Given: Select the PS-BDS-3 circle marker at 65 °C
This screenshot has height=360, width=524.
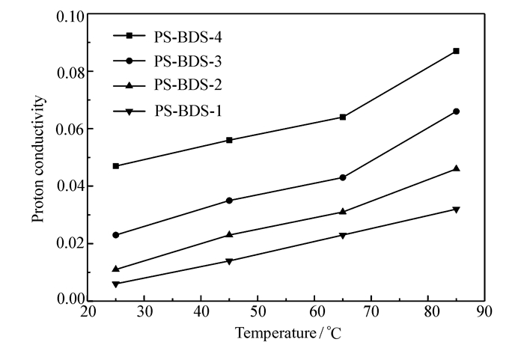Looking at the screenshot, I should click(x=343, y=177).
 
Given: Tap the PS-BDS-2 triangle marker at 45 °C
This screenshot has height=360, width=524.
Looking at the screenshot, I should click(x=229, y=234).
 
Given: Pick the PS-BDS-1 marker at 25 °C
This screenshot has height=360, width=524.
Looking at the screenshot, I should click(x=116, y=284).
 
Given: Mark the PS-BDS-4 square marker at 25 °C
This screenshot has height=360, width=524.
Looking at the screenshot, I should click(x=116, y=165).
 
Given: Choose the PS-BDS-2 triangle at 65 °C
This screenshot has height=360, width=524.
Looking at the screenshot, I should click(x=343, y=211).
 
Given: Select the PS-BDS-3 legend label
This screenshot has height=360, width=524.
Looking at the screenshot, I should click(x=187, y=60).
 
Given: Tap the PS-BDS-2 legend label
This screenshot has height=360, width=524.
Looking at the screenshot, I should click(x=187, y=85).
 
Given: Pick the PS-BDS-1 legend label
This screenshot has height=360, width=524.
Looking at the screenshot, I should click(x=187, y=112).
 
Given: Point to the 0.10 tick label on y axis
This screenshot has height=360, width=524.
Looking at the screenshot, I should click(x=69, y=16).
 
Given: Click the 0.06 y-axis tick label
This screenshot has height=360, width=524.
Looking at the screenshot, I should click(x=69, y=129).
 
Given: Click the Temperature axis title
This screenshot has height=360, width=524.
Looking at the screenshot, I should click(x=288, y=333).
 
